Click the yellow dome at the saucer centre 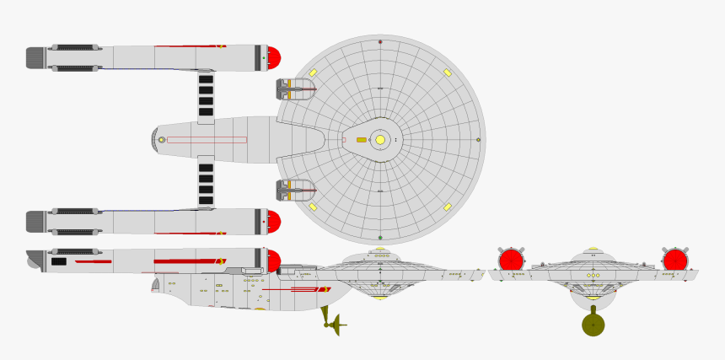(x=380, y=140)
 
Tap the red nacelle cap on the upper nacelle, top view (x=273, y=58)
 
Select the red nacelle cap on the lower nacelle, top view (x=273, y=223)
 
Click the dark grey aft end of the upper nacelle (x=35, y=58)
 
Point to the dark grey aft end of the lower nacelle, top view (x=35, y=223)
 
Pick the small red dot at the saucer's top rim (x=380, y=41)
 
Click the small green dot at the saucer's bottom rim (x=380, y=238)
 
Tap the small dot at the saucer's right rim (x=478, y=140)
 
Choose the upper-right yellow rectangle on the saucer (x=448, y=73)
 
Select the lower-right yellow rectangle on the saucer (x=448, y=207)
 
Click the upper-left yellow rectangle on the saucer (x=313, y=73)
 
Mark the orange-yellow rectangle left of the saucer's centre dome (x=362, y=140)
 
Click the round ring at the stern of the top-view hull (x=162, y=140)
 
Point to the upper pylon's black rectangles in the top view (x=206, y=95)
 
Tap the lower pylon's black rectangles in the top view (x=206, y=184)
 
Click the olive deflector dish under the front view (x=593, y=325)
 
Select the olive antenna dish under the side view (x=336, y=324)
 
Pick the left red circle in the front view (x=511, y=260)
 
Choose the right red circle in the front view (x=674, y=260)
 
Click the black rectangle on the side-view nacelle (x=59, y=262)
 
